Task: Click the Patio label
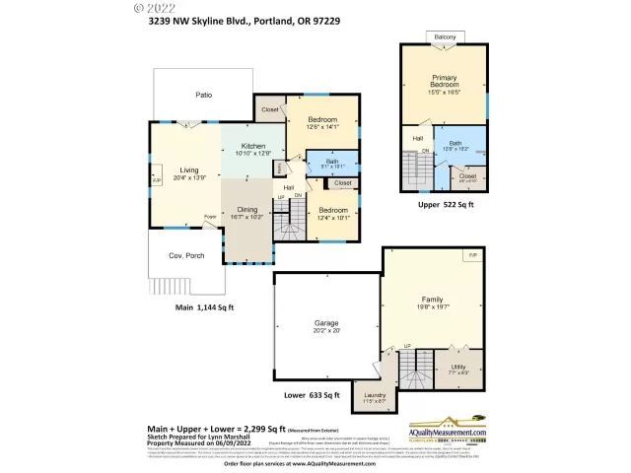click(203, 96)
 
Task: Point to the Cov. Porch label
click(185, 255)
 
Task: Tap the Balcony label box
click(446, 37)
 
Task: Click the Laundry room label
click(375, 398)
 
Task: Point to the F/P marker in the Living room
click(156, 181)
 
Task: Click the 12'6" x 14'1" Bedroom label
click(322, 122)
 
